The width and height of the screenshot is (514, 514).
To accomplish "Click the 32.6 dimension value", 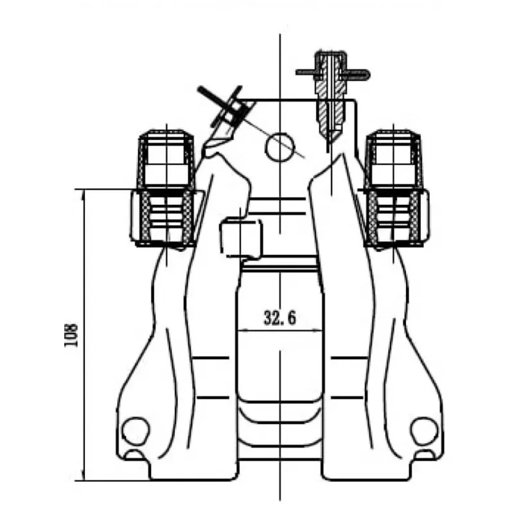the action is [279, 317].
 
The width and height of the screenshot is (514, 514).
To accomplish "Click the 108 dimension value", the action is [71, 335].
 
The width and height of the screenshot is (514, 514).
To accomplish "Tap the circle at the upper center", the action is [279, 147].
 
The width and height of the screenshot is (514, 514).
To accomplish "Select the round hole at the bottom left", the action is [136, 430].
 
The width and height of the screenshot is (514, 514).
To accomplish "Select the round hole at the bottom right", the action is [425, 430].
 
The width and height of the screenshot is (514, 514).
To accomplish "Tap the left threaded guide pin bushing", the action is [166, 218].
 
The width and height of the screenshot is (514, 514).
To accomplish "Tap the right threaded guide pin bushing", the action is [393, 218].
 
